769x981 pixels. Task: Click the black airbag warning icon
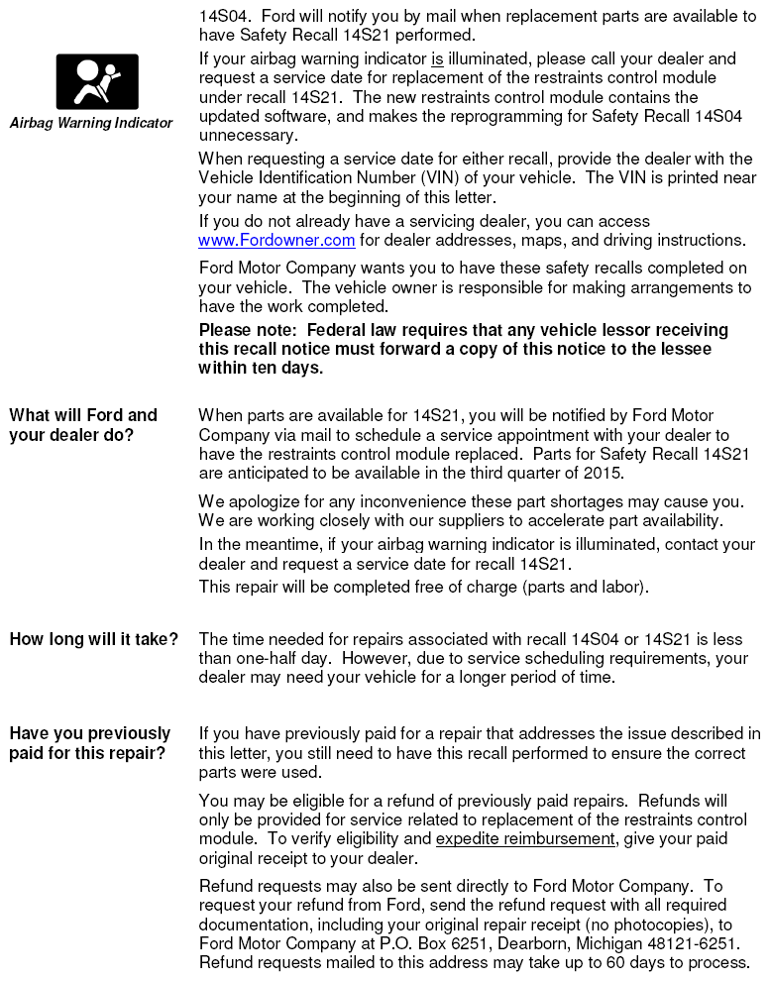coord(97,81)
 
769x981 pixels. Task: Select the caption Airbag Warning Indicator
coord(91,124)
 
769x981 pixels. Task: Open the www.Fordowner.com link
coord(276,240)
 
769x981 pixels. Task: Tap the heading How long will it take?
coord(94,640)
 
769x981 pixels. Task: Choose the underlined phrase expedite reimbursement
coord(525,838)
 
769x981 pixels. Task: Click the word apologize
coord(259,501)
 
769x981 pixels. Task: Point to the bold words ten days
coord(289,368)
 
